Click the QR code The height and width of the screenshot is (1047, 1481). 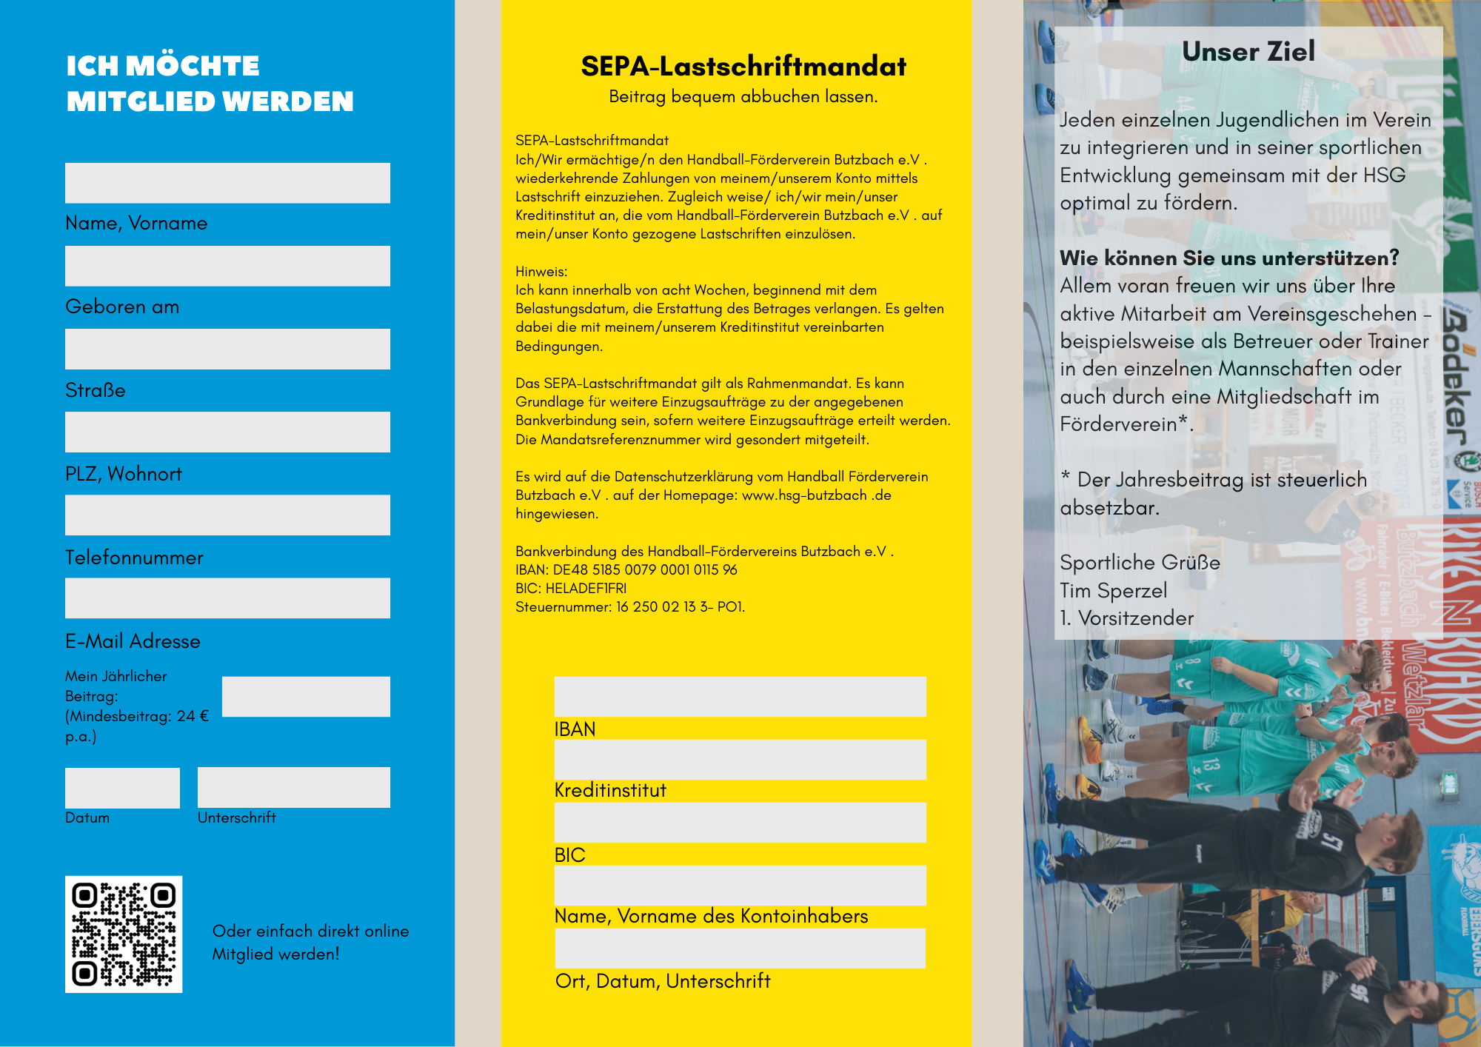tap(124, 934)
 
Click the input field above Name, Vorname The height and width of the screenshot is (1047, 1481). tap(227, 183)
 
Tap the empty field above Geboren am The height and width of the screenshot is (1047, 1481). tap(227, 266)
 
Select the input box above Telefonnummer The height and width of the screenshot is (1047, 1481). tap(227, 515)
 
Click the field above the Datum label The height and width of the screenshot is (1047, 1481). tap(122, 788)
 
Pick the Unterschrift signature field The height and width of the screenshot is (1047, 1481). tap(293, 788)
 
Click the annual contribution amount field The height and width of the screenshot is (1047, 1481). tap(306, 697)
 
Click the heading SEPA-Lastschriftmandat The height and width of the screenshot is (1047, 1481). tap(743, 67)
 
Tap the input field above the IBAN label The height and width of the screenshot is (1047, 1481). tap(740, 697)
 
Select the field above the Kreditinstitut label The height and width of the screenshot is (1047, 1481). tap(740, 760)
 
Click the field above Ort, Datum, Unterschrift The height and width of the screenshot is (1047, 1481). tap(740, 949)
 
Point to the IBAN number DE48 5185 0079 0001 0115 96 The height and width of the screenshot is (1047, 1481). tap(645, 570)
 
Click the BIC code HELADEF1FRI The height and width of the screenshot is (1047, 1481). tap(586, 589)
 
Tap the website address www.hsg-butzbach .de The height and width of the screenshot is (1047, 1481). tap(816, 495)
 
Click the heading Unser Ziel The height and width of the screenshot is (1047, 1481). tap(1248, 52)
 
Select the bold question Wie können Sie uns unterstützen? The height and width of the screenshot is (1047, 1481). tap(1229, 258)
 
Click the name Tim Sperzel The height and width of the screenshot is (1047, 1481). tap(1113, 591)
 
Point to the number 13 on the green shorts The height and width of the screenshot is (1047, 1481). tap(1210, 764)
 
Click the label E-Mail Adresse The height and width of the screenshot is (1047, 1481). tap(133, 641)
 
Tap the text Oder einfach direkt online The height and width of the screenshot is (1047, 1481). tap(310, 931)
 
